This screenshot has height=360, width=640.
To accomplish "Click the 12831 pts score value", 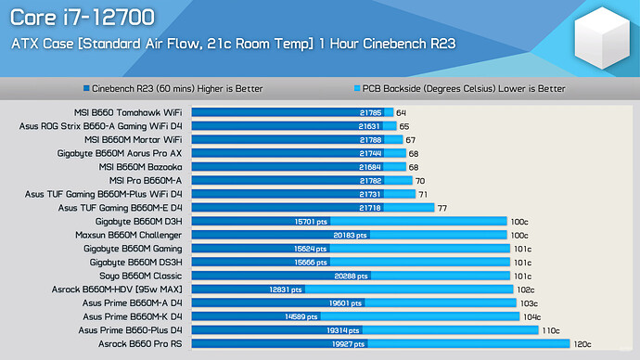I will point(285,289).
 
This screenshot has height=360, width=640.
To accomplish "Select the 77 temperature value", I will point(442,208).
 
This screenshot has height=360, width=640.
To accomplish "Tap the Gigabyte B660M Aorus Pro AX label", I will point(120,153).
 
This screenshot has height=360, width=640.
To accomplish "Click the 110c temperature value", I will point(551,330).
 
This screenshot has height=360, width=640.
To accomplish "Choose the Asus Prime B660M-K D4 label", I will point(132,316).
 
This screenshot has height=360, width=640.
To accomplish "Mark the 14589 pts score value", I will point(309,316).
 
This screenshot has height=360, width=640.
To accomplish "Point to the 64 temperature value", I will point(401,112).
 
